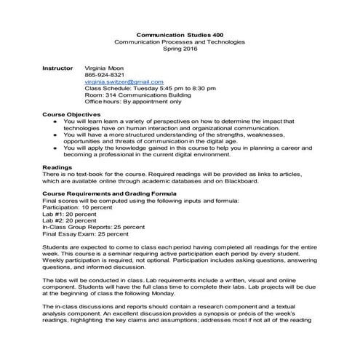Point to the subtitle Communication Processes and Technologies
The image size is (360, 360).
point(180,42)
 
